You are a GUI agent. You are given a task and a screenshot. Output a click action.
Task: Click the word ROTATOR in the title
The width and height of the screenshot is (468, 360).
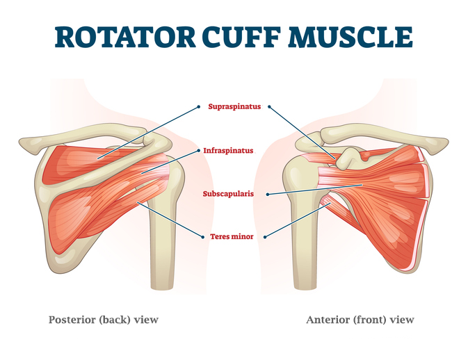click(125, 37)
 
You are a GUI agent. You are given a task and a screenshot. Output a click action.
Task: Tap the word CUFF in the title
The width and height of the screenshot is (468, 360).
click(241, 37)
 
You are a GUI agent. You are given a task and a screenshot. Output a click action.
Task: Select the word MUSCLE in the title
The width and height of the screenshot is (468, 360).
click(350, 37)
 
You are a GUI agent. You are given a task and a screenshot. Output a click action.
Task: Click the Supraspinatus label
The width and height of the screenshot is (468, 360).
click(234, 106)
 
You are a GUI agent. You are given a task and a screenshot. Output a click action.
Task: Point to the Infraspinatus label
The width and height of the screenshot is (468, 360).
click(228, 151)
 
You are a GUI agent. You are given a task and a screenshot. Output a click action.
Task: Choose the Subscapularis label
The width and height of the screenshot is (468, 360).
click(228, 194)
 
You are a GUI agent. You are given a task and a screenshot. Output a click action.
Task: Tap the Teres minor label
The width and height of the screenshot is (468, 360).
click(232, 236)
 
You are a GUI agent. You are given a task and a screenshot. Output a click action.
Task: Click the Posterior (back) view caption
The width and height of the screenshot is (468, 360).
click(104, 320)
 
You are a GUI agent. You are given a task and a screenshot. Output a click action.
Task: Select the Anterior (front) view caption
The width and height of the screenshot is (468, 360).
click(360, 320)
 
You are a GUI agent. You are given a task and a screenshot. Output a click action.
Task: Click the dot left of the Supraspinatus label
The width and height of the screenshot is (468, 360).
click(199, 106)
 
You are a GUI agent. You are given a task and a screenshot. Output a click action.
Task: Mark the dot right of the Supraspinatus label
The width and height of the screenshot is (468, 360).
click(269, 106)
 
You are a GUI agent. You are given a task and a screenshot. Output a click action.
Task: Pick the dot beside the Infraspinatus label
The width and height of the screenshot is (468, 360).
click(199, 151)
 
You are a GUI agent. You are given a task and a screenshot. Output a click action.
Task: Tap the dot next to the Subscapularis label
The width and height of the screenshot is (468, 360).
click(268, 194)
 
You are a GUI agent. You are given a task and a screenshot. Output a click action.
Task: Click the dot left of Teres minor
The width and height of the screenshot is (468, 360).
click(203, 237)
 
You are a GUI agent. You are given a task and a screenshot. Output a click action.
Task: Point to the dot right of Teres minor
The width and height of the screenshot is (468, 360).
click(265, 237)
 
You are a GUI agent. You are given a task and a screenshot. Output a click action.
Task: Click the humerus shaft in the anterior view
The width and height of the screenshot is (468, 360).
click(305, 245)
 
